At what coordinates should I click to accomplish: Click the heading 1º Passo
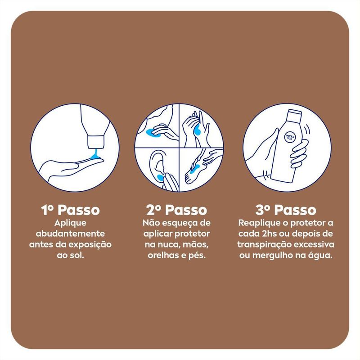[x=71, y=210]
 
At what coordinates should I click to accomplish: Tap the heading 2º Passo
[x=176, y=210]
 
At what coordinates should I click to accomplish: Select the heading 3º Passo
[x=286, y=210]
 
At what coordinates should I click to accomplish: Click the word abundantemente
[x=70, y=234]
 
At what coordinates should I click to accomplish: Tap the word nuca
[x=168, y=245]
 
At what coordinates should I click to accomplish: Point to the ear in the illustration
[x=157, y=164]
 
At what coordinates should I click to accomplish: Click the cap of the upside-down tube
[x=96, y=142]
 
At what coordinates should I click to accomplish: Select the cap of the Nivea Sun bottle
[x=294, y=115]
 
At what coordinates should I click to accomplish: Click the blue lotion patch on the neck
[x=150, y=132]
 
